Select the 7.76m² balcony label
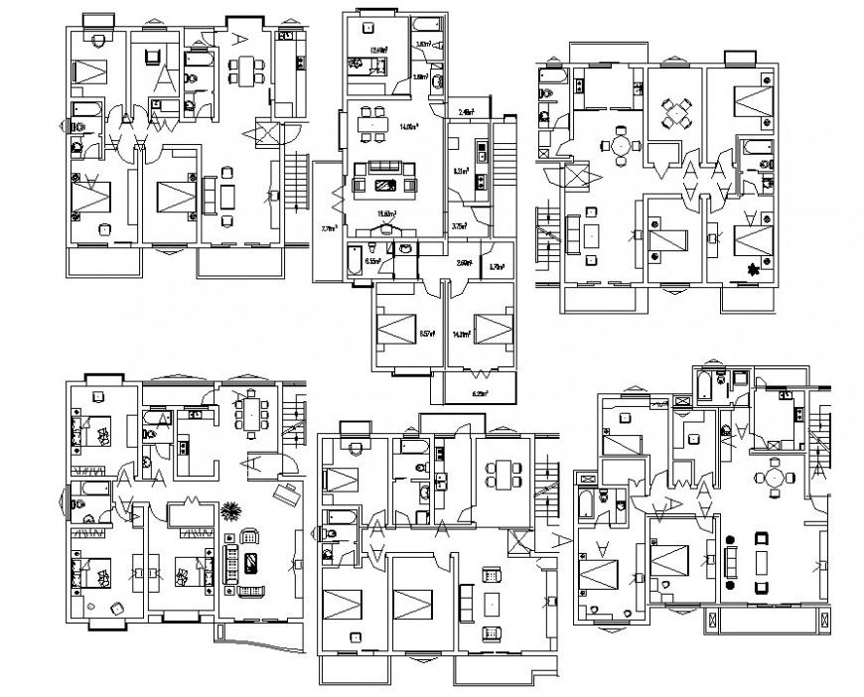pyautogui.click(x=329, y=229)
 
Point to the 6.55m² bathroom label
pyautogui.click(x=374, y=261)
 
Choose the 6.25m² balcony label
pyautogui.click(x=480, y=393)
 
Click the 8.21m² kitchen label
pyautogui.click(x=460, y=171)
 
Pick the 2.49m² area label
pyautogui.click(x=465, y=112)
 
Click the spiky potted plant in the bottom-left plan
pyautogui.click(x=230, y=512)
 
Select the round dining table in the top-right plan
pyautogui.click(x=621, y=146)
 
